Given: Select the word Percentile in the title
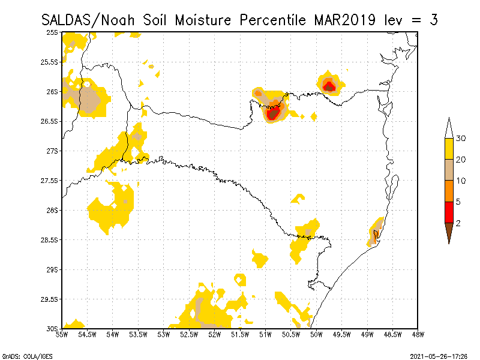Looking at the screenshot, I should (274, 20).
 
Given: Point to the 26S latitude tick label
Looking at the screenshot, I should (53, 92).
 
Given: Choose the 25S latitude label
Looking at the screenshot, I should (53, 32).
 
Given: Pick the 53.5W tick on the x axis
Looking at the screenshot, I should (138, 334).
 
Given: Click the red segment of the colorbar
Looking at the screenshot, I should (449, 212).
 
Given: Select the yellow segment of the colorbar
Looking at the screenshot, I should (449, 149).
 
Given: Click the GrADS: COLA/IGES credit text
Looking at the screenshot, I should (27, 356).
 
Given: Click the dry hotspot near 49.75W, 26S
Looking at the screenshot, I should (329, 86).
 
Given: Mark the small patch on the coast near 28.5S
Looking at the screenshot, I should (374, 234).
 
